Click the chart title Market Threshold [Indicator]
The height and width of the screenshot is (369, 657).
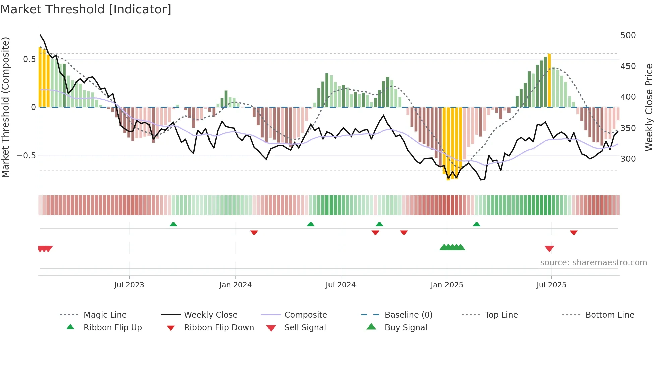coord(86,9)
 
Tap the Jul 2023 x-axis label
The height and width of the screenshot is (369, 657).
coord(129,285)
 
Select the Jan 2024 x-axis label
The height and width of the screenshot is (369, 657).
coord(235,285)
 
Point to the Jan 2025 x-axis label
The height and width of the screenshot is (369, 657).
coord(447,285)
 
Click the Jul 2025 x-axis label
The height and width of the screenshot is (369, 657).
coord(551,285)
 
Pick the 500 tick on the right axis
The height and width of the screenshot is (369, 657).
coord(628,35)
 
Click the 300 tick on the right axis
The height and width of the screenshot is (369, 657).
coord(628,159)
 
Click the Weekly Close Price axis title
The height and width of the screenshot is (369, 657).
coord(649,107)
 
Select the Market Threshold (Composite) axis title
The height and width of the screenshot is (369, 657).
coord(5,107)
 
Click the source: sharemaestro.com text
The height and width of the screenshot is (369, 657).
coord(593,263)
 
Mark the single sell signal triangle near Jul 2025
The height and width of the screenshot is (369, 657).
coord(549,249)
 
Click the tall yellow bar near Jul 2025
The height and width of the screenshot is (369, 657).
coord(549,80)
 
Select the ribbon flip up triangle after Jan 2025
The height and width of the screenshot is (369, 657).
coord(476,224)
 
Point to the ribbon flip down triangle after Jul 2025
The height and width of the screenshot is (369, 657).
coord(574,232)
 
